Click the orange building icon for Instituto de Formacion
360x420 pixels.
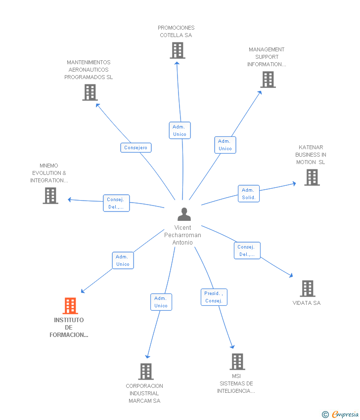[x=70, y=306]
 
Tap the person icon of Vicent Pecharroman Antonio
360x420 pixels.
[x=184, y=214]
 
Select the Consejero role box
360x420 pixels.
[x=136, y=148]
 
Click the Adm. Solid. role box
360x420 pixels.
[x=249, y=193]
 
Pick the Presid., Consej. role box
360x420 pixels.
[x=214, y=297]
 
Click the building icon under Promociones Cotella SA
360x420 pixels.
[x=178, y=50]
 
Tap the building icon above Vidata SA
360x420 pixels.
[x=308, y=289]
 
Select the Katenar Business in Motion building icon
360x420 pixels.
[x=312, y=177]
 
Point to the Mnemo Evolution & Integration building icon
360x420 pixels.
[x=50, y=196]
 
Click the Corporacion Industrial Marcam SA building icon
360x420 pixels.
[x=146, y=372]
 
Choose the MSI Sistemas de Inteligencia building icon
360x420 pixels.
[x=237, y=362]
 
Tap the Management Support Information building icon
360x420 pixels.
[x=268, y=80]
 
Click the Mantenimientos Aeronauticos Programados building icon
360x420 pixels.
[x=90, y=92]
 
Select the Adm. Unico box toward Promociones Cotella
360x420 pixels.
[x=180, y=130]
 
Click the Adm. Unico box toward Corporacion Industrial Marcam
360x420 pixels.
[x=161, y=302]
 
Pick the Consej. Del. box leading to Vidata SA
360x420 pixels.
[x=247, y=251]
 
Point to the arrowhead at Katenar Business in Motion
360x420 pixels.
[x=294, y=183]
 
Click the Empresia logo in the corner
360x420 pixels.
[x=340, y=415]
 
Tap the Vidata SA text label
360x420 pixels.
[x=307, y=303]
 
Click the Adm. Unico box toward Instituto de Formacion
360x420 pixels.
[x=123, y=260]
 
